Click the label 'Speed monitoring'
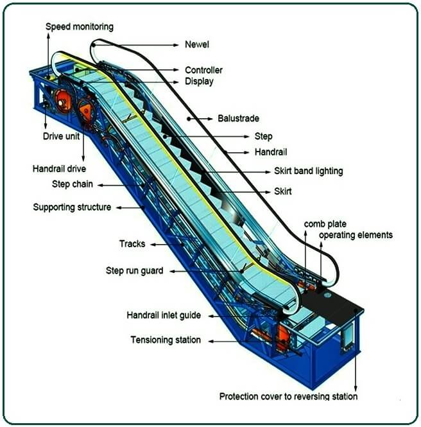click(x=80, y=27)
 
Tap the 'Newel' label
click(x=197, y=45)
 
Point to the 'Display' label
click(x=199, y=81)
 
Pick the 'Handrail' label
click(x=271, y=152)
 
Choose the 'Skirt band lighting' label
click(x=309, y=171)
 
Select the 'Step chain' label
click(x=73, y=184)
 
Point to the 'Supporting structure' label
click(x=72, y=207)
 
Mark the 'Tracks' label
click(x=132, y=244)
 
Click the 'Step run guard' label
click(x=134, y=271)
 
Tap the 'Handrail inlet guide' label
click(x=164, y=315)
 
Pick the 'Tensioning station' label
click(x=166, y=340)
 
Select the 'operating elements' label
click(x=356, y=235)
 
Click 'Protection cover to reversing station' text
click(x=288, y=396)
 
